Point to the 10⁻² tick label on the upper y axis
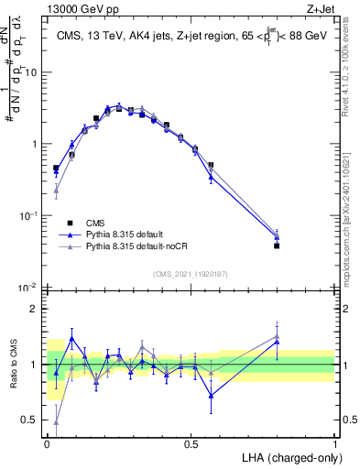click(28, 288)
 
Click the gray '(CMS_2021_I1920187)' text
click(191, 272)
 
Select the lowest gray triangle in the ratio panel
click(56, 422)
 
